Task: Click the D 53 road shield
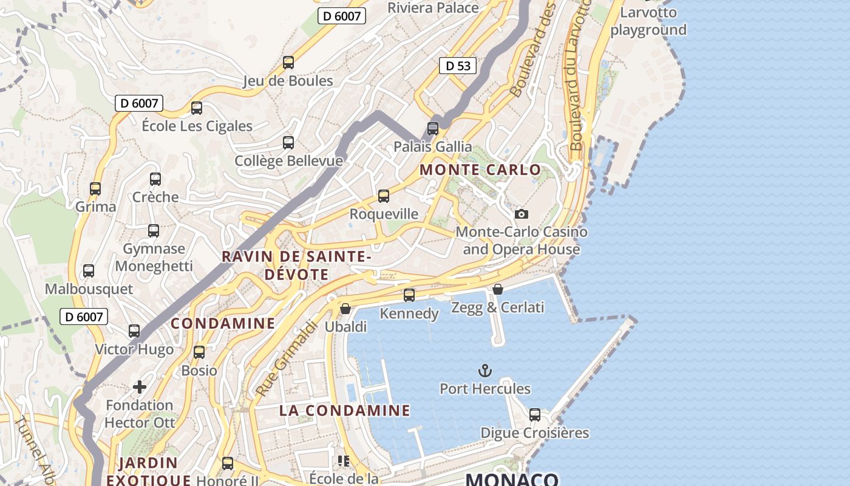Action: tap(458, 66)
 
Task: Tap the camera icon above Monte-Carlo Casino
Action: tap(521, 214)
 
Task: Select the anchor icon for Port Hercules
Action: tap(484, 370)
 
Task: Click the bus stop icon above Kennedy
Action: tap(409, 295)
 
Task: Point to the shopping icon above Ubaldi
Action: tap(345, 309)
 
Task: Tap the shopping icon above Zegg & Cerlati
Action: tap(498, 289)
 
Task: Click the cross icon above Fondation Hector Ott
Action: tap(140, 386)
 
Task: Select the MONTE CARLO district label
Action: tap(480, 170)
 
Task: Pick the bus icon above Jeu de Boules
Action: tap(288, 62)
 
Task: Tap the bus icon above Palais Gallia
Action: tap(433, 128)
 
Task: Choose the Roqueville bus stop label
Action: tap(384, 214)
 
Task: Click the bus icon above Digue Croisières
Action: tap(535, 414)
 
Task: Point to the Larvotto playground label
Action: tap(648, 21)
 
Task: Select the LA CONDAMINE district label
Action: tap(345, 411)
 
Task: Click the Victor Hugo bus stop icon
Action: tap(134, 331)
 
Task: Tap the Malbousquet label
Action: tap(89, 289)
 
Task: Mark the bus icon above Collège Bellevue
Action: tap(288, 143)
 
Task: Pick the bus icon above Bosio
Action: tap(199, 352)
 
